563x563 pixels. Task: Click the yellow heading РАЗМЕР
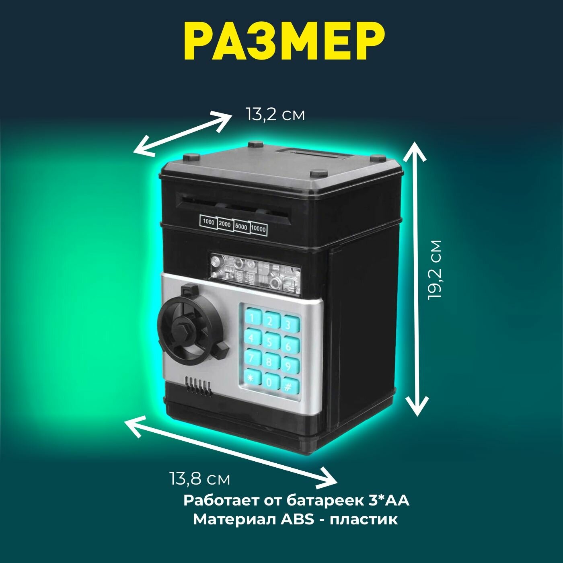click(x=281, y=43)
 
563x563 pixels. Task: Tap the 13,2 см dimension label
click(x=275, y=115)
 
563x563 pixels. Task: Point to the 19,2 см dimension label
click(x=435, y=270)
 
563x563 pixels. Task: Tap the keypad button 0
click(x=269, y=382)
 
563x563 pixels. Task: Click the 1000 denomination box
click(x=208, y=222)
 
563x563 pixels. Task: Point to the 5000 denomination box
click(x=241, y=226)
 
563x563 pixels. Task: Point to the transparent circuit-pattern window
click(x=255, y=272)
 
